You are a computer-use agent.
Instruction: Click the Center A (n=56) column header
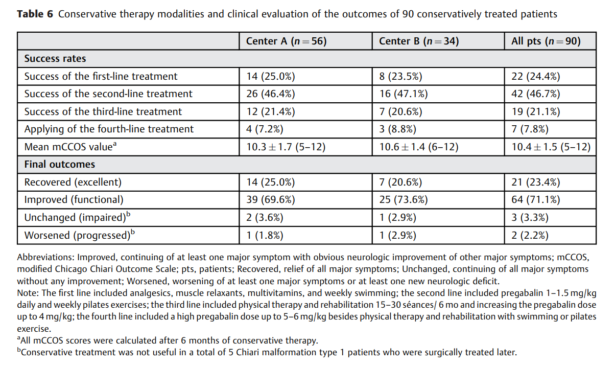pos(287,41)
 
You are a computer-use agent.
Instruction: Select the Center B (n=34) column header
pos(419,41)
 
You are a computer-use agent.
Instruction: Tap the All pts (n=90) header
pos(546,41)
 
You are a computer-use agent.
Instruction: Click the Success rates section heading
pos(55,58)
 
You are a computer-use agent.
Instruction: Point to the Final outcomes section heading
pos(60,164)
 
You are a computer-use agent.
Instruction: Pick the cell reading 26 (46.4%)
pos(270,94)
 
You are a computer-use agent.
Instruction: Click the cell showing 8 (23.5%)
pos(400,76)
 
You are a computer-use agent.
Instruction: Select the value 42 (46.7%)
pos(535,94)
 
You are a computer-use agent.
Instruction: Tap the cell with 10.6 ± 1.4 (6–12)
pos(419,147)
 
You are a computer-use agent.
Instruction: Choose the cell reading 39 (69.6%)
pos(270,200)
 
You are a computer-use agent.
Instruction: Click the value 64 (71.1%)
pos(535,200)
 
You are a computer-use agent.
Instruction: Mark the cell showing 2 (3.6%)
pos(265,218)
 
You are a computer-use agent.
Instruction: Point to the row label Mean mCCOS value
pos(70,147)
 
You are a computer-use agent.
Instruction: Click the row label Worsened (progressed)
pos(79,235)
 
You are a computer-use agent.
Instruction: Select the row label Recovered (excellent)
pos(73,182)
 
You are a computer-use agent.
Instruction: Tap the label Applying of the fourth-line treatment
pos(109,129)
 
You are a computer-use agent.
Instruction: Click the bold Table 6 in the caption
pos(35,14)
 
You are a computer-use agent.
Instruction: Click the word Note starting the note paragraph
pos(28,293)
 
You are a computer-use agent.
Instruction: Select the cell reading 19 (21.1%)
pos(535,112)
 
